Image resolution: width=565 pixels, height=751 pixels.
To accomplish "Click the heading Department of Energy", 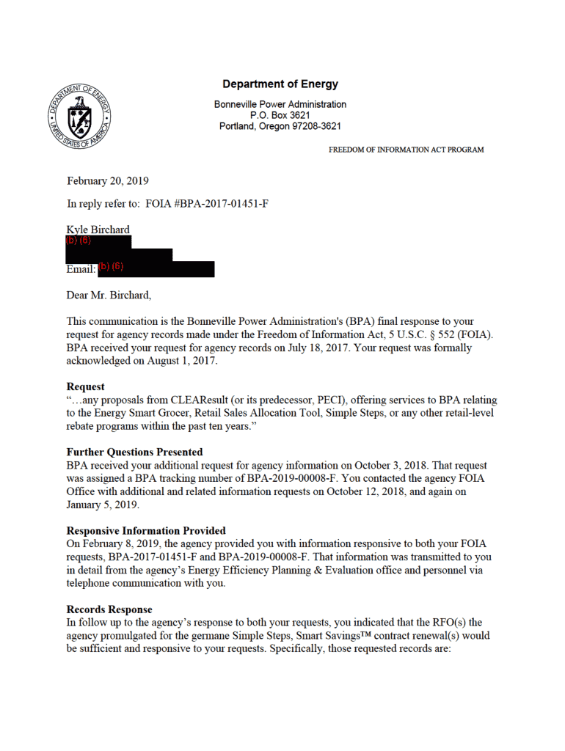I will (280, 84).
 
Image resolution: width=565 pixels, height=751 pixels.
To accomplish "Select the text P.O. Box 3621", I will (280, 115).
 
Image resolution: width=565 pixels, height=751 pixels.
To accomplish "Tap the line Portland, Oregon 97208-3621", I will (280, 126).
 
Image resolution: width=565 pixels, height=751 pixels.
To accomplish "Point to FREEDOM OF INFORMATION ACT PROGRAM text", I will (406, 150).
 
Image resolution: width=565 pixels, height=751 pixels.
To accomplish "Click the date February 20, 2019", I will (107, 180).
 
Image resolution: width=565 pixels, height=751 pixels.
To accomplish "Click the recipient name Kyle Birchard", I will (98, 230).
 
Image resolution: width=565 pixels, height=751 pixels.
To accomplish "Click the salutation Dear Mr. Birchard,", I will (109, 296).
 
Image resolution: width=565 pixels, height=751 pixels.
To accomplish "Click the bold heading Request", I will (85, 387).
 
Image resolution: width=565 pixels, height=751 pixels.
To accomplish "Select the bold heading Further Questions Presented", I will (134, 452).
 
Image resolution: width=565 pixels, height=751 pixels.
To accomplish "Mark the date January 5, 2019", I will (103, 505).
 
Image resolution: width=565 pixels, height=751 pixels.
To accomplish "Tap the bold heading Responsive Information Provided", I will (146, 530).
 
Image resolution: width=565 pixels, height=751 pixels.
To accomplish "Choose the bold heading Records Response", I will (109, 609).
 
